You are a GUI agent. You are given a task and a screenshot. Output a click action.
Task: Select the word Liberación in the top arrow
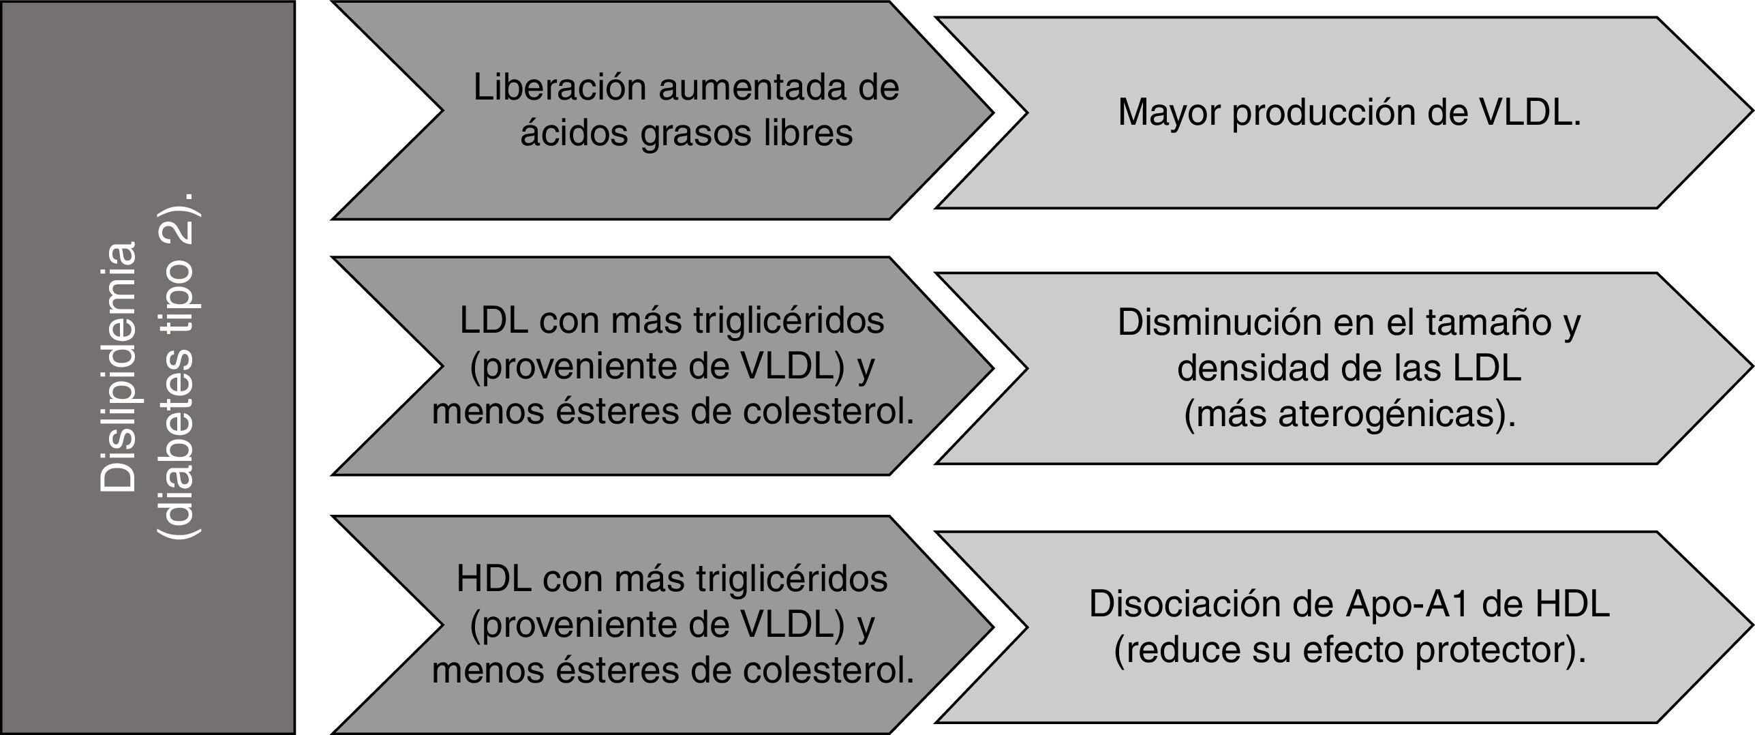(x=560, y=87)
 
